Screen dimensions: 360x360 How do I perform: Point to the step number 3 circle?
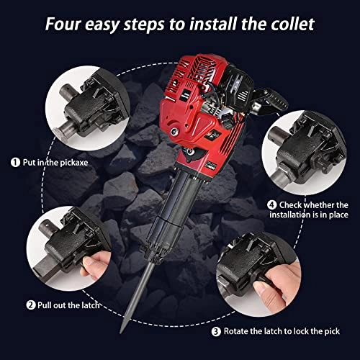click(217, 332)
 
